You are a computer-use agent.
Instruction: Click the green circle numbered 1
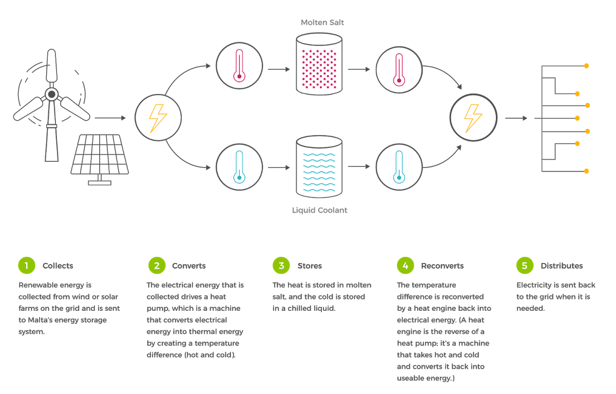(26, 266)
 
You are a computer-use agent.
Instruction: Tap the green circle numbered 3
(281, 266)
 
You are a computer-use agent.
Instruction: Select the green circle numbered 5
(524, 266)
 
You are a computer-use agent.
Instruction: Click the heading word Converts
(189, 266)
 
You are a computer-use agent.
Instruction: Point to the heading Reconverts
(442, 266)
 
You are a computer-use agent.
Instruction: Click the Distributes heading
(562, 266)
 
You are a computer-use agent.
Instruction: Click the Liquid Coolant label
(319, 210)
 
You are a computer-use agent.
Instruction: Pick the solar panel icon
(100, 156)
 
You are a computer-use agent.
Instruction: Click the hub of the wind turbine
(51, 94)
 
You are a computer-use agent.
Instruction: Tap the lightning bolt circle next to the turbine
(158, 118)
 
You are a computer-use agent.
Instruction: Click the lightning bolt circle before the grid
(473, 118)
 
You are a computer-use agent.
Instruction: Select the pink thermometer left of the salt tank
(239, 66)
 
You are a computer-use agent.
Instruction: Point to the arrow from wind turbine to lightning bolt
(110, 118)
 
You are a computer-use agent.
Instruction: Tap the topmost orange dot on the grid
(586, 66)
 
